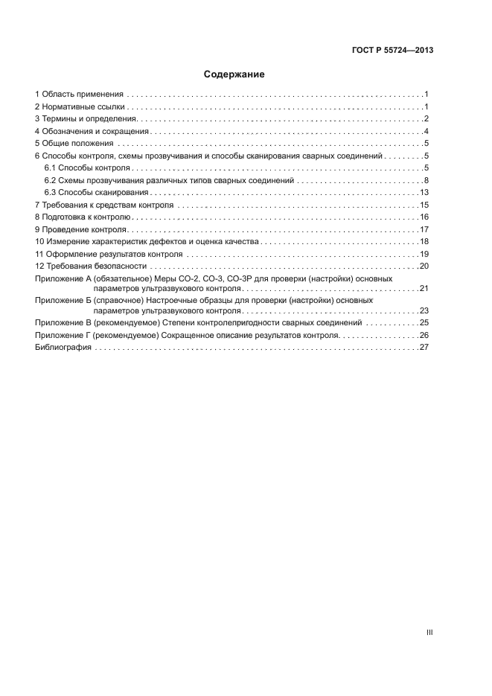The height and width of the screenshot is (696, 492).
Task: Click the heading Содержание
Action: click(x=234, y=74)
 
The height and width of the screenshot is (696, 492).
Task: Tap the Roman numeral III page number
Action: click(x=429, y=632)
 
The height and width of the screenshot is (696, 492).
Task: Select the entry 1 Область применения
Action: click(x=78, y=95)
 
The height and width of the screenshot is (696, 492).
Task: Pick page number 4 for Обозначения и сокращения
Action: click(x=425, y=132)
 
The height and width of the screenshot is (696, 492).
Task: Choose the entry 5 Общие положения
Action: click(x=74, y=144)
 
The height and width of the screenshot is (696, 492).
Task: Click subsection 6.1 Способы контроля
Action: click(x=86, y=168)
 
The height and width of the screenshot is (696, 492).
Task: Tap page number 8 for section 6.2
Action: click(x=425, y=180)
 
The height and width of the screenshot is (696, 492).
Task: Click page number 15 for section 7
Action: click(x=424, y=205)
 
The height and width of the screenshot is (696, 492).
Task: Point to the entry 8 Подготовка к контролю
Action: click(x=83, y=217)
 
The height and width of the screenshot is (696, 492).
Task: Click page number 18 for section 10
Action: click(x=424, y=241)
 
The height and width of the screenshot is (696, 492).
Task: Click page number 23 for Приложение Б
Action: click(x=424, y=310)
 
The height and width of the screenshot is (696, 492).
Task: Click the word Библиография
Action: click(x=63, y=348)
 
